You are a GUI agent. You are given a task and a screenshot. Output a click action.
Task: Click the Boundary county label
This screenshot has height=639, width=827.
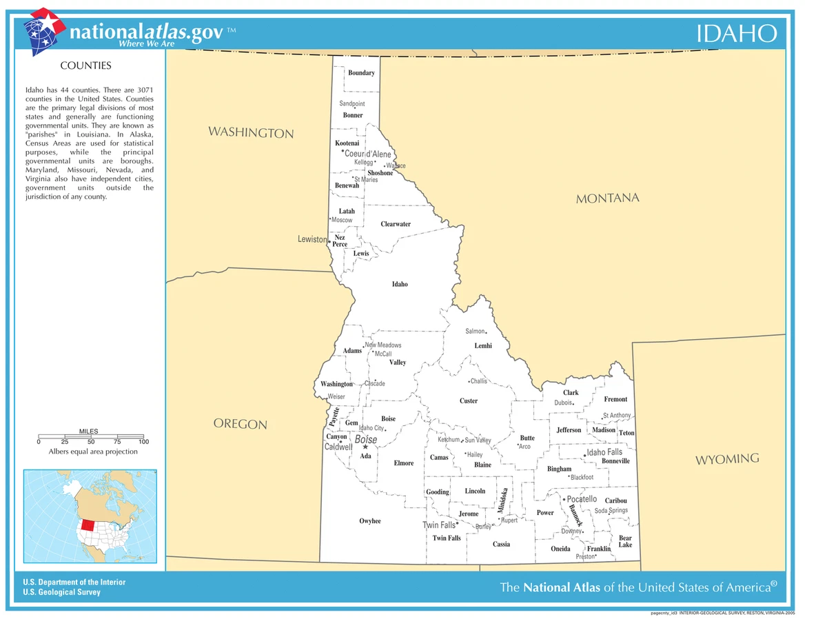[361, 73]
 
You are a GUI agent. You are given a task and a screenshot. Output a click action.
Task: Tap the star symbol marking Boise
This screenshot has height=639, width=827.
[365, 447]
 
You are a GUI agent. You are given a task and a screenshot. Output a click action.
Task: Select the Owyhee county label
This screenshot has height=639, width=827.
[370, 521]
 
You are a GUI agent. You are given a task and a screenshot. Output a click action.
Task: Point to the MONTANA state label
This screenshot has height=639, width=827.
[607, 199]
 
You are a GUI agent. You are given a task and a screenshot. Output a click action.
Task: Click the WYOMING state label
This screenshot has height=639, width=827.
[727, 459]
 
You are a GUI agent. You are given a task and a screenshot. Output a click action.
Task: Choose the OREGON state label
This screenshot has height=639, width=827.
[240, 423]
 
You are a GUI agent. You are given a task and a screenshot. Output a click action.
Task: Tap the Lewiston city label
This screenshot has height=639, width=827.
[312, 239]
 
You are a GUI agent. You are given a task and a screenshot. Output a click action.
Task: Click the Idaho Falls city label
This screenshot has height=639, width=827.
[604, 452]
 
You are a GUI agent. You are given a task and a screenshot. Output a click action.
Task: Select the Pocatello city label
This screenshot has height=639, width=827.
[581, 499]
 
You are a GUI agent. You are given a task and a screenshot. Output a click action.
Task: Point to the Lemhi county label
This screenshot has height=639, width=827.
[483, 346]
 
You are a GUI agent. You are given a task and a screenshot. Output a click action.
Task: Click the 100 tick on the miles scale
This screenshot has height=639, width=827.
[143, 441]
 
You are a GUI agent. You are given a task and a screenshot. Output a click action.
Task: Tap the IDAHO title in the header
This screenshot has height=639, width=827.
[736, 33]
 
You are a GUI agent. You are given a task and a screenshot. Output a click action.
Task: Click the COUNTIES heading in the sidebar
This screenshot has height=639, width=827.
[85, 66]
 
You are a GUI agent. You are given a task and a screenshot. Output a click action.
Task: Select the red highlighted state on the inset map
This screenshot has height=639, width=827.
[87, 525]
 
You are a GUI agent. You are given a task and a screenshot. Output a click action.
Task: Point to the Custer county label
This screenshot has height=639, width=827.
[469, 401]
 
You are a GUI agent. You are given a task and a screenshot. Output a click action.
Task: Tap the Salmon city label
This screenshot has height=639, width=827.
[476, 332]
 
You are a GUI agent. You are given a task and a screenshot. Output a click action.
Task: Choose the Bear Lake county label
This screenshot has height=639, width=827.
[625, 542]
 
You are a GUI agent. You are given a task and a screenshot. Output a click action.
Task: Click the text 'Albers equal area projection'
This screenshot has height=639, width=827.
[92, 452]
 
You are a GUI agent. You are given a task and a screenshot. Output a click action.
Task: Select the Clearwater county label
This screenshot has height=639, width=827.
[396, 224]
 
